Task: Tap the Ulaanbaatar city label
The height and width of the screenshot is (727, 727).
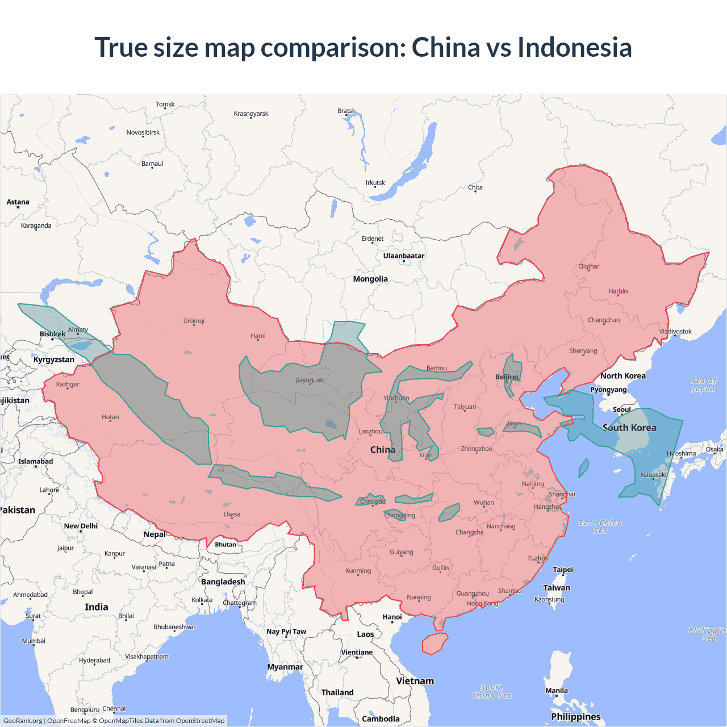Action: pos(404,256)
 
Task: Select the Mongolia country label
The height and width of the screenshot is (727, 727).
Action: pos(370,279)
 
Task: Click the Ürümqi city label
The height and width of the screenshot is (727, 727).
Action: pos(194,321)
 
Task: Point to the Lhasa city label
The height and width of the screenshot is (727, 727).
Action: pos(232,515)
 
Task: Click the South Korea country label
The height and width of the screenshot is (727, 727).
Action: pos(629,428)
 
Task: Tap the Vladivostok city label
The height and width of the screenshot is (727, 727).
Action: pos(675,331)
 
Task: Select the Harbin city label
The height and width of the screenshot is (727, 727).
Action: pos(618,291)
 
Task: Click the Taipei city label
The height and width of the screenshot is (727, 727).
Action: pos(563,570)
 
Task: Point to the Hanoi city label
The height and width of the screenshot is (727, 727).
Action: pos(392,617)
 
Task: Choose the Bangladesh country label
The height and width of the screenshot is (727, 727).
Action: pos(223,582)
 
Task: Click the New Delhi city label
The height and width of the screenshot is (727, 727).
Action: pos(81,526)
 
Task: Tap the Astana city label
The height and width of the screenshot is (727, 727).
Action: pos(18,202)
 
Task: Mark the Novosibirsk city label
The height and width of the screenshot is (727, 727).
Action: pos(143,132)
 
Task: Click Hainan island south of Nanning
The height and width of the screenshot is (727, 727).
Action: pos(434,644)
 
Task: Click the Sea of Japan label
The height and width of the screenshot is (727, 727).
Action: pos(704,385)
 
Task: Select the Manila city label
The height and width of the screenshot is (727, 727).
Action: pos(557,691)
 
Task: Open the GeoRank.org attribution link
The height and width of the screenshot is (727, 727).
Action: pos(23,721)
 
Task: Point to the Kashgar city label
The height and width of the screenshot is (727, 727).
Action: pos(68,385)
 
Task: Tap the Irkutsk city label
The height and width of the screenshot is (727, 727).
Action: pos(375,183)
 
